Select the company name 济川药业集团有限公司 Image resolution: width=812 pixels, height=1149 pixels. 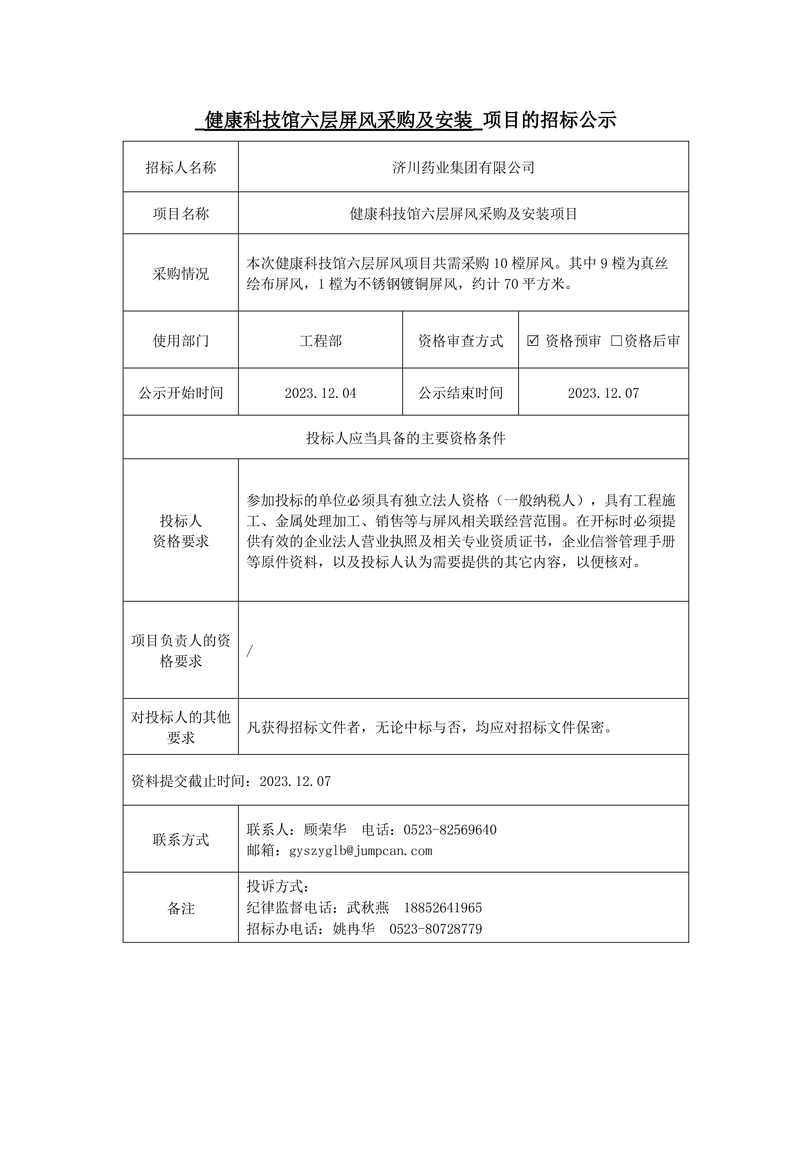[463, 168]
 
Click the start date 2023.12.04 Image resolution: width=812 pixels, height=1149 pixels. [320, 393]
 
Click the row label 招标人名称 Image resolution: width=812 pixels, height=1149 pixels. [181, 168]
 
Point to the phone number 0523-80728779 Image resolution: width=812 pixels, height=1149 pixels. [436, 929]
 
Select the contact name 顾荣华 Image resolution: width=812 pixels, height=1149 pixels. [325, 830]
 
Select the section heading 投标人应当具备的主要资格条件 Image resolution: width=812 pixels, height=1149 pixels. [406, 438]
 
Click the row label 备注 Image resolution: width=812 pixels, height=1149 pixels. [181, 908]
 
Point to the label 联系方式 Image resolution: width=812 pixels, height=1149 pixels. [181, 840]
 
